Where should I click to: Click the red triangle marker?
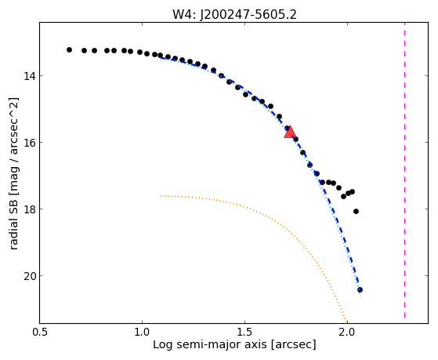[290, 133]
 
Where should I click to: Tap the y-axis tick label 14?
[29, 76]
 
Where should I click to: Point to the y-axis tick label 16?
[29, 143]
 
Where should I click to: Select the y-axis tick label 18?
[29, 209]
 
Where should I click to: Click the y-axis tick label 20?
[29, 276]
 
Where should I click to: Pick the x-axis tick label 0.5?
[40, 332]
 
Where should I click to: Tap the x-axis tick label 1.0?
[142, 332]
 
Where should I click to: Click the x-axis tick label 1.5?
[244, 332]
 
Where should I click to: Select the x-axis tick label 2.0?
[347, 332]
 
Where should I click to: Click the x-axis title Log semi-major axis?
[210, 344]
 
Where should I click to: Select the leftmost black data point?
[69, 49]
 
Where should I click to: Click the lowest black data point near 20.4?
[360, 289]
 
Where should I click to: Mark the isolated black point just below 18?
[356, 212]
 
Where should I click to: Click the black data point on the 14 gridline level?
[222, 76]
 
